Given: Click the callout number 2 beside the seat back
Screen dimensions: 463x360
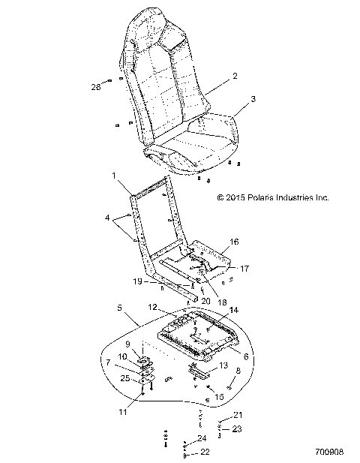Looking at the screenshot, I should click(235, 76).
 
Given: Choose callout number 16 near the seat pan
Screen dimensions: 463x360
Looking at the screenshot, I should click(235, 242).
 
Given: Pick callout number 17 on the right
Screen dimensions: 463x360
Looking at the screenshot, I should click(242, 268).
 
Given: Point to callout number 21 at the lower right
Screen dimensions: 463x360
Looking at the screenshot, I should click(238, 415).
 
